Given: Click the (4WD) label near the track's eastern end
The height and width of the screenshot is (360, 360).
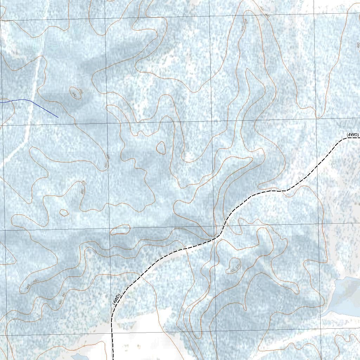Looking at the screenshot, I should click(353, 135).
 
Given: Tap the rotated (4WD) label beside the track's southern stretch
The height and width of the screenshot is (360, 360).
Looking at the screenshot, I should click(117, 299).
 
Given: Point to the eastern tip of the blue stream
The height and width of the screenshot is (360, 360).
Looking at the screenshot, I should click(58, 117).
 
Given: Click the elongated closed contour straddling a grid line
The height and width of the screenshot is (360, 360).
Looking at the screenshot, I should click(120, 230).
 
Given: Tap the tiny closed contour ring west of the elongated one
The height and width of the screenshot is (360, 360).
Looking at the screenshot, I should click(64, 212).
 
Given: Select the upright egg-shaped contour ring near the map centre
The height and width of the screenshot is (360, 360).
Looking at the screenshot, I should click(161, 147).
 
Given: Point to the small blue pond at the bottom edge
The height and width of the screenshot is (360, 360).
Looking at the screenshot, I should click(80, 357).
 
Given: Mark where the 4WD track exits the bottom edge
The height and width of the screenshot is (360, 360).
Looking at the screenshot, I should click(113, 359).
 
